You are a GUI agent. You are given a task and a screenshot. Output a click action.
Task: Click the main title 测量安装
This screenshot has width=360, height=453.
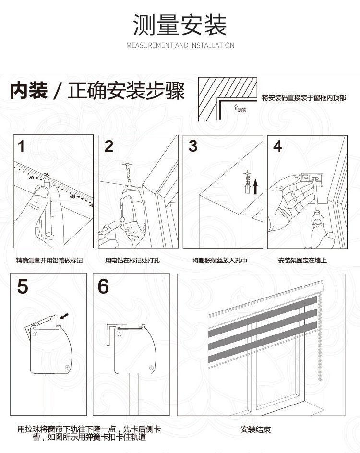point(180,25)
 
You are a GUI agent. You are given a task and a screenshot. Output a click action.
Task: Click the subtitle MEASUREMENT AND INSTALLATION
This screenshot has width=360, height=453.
point(180,45)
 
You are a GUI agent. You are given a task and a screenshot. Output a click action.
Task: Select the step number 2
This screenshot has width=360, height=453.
point(109,146)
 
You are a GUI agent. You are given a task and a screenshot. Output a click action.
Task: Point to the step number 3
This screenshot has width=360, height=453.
point(193,146)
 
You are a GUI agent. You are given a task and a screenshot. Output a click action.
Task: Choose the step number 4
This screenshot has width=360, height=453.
point(277,146)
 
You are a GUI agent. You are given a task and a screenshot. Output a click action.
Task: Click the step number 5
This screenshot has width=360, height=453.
point(23,286)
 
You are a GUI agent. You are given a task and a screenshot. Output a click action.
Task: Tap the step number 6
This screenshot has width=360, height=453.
point(103,286)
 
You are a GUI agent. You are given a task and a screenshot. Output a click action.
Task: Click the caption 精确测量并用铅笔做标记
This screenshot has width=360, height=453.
point(49,261)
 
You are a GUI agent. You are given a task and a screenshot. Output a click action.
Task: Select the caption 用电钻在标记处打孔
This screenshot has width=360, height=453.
point(132,261)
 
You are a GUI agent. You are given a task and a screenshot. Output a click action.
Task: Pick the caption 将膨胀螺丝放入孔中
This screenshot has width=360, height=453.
point(220,261)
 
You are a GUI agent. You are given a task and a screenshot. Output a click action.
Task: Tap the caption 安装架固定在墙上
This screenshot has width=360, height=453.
point(302,261)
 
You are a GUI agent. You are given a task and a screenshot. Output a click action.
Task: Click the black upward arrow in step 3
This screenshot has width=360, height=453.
point(256,185)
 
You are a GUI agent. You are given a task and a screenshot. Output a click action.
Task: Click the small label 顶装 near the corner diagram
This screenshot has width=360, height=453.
point(241,110)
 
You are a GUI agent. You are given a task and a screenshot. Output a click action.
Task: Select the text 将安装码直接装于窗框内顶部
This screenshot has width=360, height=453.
point(304,98)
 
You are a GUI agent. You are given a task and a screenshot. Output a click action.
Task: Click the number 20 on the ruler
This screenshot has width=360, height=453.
point(72,196)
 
